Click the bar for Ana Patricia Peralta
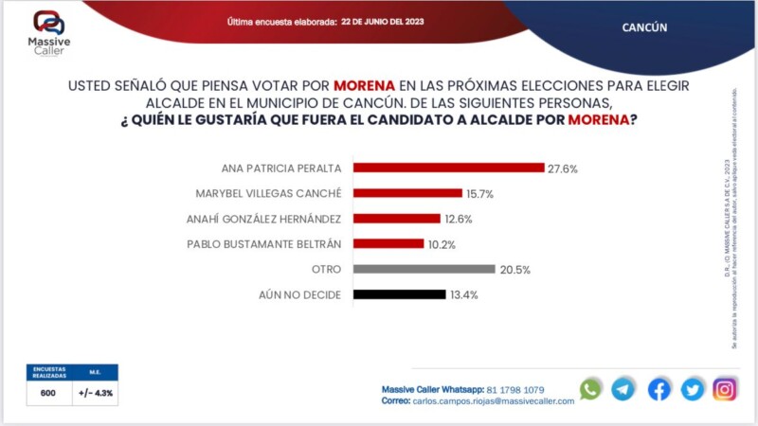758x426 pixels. [447, 168]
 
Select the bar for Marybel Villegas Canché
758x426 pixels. [407, 193]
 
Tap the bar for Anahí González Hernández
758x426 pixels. [396, 219]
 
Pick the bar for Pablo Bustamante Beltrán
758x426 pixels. [388, 243]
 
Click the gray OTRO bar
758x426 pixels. [424, 269]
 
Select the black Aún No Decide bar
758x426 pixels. [399, 294]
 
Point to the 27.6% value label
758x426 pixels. [562, 169]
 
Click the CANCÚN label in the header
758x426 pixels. [644, 27]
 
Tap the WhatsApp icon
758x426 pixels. [590, 389]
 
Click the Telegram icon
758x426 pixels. [623, 389]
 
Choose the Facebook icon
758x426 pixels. [659, 389]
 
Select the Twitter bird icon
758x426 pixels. [693, 389]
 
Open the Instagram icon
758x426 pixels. [725, 389]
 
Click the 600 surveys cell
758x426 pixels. [47, 392]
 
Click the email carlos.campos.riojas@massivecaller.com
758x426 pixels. [493, 401]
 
